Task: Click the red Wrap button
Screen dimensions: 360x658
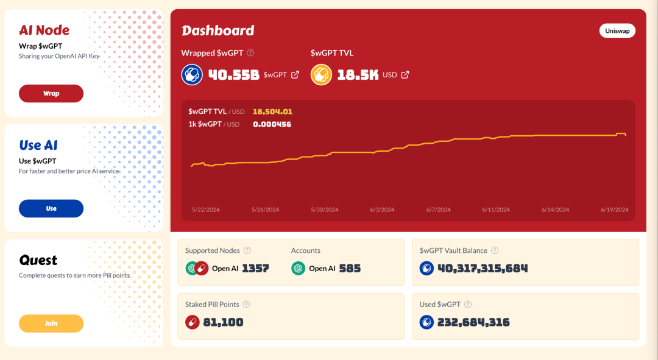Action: [51, 93]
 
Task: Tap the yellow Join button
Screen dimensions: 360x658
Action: [51, 323]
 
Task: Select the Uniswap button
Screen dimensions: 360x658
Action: [617, 30]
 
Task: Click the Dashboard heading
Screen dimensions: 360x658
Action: [218, 30]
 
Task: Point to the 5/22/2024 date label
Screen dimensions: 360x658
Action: [205, 210]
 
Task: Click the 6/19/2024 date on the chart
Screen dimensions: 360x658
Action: [614, 210]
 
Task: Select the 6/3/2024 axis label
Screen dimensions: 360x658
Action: [382, 210]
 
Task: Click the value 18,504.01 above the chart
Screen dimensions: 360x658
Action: [272, 111]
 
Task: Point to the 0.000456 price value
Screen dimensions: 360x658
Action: [272, 124]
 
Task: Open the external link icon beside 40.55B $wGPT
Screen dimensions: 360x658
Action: [295, 75]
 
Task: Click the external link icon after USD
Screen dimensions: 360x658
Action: [405, 75]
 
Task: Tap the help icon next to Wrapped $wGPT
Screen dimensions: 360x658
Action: [250, 53]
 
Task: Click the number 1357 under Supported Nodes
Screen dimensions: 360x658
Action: [255, 268]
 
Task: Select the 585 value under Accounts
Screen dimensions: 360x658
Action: [350, 268]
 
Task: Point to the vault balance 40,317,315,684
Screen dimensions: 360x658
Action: [483, 268]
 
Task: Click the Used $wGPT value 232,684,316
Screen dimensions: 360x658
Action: [473, 322]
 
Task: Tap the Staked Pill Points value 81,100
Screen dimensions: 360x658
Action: [223, 322]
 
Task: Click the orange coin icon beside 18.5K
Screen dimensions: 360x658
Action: [321, 75]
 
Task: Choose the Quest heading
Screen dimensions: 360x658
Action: [38, 260]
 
